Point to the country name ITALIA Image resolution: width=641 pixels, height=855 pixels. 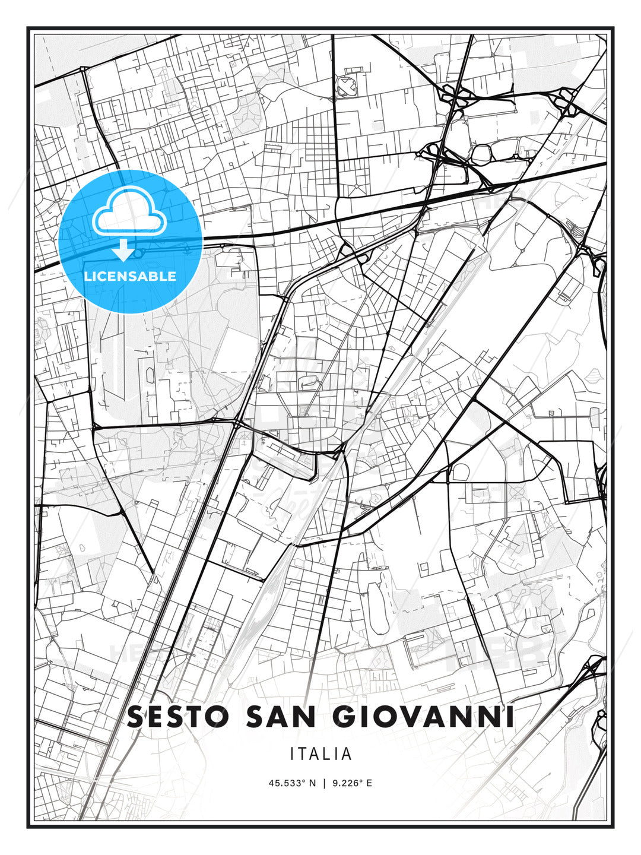point(320,754)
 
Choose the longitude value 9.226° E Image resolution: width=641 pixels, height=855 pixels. point(353,783)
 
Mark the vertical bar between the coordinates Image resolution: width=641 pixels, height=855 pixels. point(323,783)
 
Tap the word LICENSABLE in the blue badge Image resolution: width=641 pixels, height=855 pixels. point(130,276)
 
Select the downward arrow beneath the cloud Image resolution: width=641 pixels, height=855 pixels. point(123,250)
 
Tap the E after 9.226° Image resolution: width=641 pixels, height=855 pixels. point(369,783)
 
